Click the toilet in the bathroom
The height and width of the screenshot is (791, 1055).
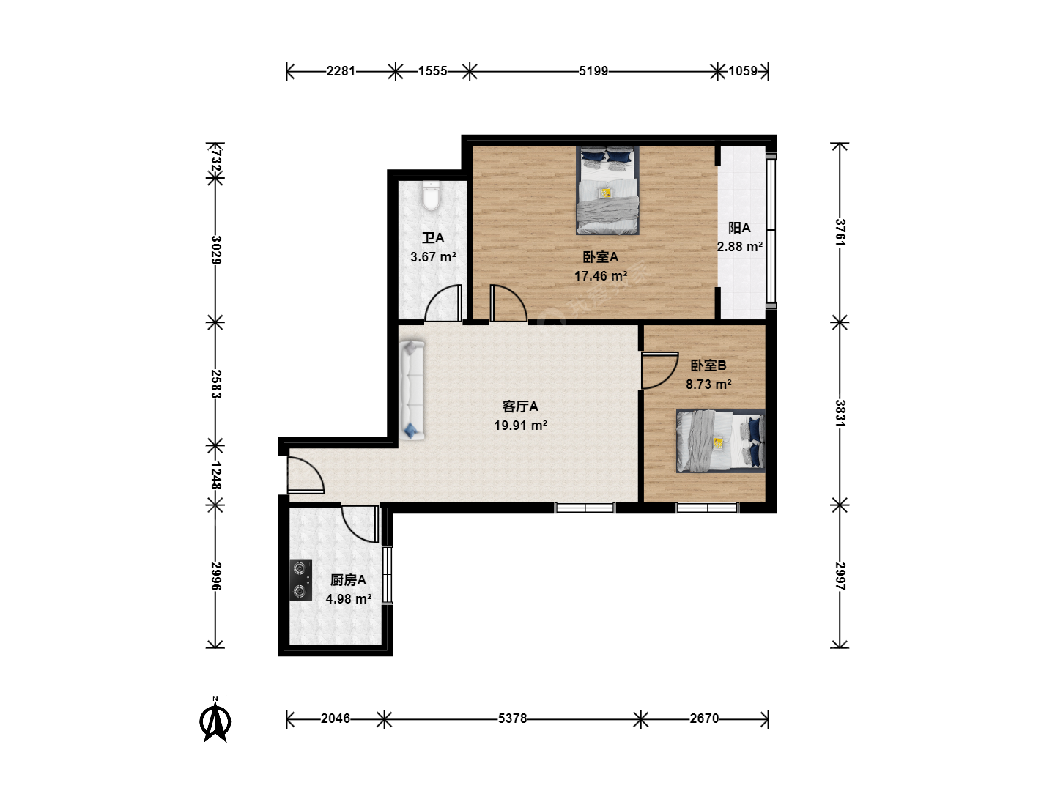(x=431, y=196)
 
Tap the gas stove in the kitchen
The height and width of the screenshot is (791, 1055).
(x=300, y=579)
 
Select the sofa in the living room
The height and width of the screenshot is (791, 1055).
(x=412, y=390)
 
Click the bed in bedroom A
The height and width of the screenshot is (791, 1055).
(x=607, y=190)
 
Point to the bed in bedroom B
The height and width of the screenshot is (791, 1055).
(x=720, y=441)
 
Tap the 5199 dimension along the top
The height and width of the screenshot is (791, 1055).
(x=593, y=71)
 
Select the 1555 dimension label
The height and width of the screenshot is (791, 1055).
(x=432, y=71)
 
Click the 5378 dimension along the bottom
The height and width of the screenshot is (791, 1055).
(x=512, y=718)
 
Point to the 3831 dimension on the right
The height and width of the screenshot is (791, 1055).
(x=840, y=413)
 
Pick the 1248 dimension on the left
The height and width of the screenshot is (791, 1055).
(x=216, y=475)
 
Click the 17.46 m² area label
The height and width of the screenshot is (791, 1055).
(x=601, y=276)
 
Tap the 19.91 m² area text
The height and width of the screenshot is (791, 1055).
(x=520, y=426)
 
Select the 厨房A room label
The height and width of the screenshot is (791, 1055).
(x=348, y=580)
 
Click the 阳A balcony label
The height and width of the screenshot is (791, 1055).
(x=739, y=228)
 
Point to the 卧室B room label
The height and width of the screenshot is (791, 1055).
(x=708, y=365)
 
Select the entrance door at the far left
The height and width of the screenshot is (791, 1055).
(x=305, y=475)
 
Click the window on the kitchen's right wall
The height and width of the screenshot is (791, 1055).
(x=387, y=574)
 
